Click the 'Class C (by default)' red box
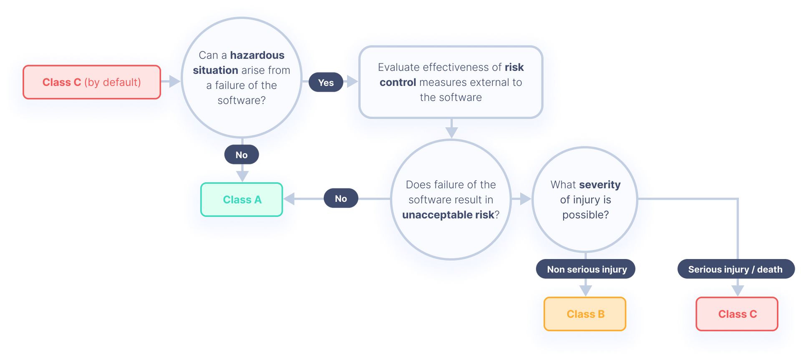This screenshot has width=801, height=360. pos(92,82)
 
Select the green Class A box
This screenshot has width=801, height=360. pos(242,200)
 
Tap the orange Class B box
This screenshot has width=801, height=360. pos(585,314)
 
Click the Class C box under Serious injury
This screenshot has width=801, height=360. pos(737,314)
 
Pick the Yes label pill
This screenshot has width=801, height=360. pos(326,83)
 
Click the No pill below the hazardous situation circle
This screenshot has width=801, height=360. pos(242,155)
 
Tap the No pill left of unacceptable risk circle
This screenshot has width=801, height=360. pos(341,199)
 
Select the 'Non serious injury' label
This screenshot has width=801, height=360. pos(587,269)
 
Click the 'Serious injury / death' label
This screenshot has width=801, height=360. pos(735,269)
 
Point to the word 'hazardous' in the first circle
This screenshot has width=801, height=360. pos(257,55)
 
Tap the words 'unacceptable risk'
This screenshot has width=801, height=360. pos(448,215)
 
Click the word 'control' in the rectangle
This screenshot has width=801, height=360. pos(398,82)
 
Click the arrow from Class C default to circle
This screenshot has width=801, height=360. pos(171,81)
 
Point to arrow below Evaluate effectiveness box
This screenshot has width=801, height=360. pos(451,129)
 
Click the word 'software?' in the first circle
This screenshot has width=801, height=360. pos(242,101)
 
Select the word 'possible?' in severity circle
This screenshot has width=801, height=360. pos(585,215)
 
